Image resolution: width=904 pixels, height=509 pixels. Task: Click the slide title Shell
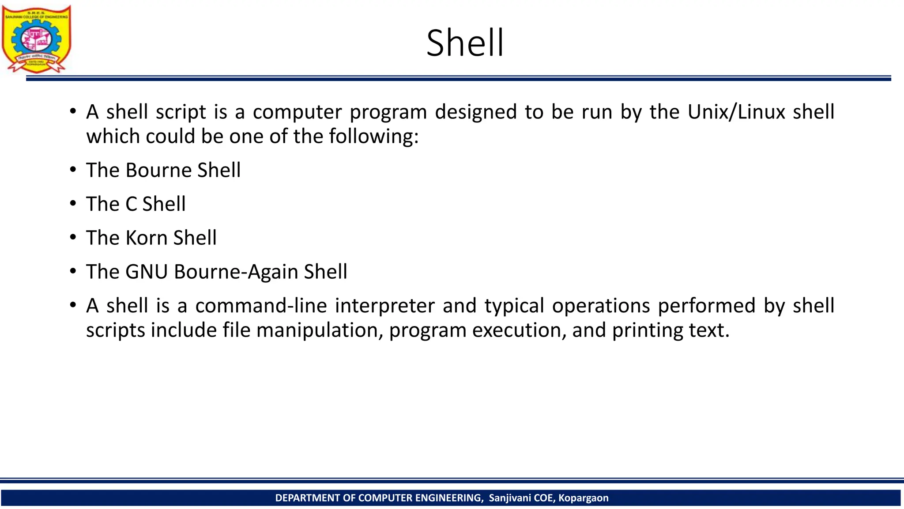coord(464,43)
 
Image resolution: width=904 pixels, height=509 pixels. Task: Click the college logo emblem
coord(36,39)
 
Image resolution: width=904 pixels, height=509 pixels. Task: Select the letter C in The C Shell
coord(131,204)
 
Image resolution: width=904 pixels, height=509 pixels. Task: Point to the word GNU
coord(147,272)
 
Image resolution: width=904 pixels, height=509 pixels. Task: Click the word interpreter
coord(384,306)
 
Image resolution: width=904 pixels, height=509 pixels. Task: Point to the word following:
coord(373,137)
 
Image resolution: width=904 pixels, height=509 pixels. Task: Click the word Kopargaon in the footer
coord(583,498)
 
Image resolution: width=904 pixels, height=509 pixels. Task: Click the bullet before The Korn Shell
coord(73,238)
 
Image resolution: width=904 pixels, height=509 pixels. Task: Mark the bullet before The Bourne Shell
coord(73,170)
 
